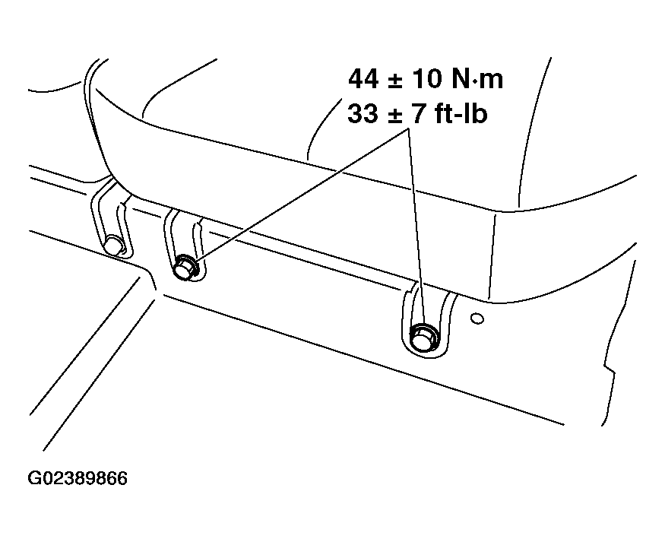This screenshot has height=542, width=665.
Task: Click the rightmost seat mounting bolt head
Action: [x=422, y=335]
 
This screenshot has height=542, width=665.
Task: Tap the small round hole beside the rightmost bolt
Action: [x=476, y=317]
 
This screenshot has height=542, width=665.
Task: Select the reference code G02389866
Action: [x=77, y=479]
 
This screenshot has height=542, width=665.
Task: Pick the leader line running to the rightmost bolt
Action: [x=415, y=228]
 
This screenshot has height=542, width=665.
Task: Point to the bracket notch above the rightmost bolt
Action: [x=420, y=300]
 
